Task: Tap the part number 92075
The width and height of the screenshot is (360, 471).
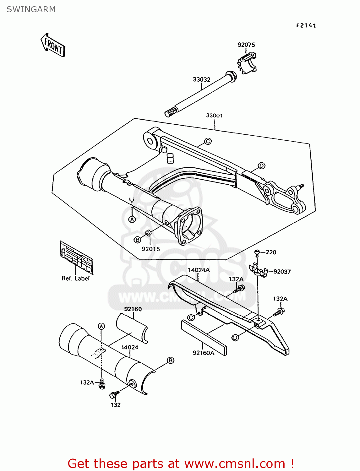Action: (x=246, y=45)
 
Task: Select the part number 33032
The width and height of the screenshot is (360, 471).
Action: (x=201, y=79)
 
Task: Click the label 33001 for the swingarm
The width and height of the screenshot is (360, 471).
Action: (x=214, y=116)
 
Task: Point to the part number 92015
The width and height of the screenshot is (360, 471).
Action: (x=150, y=249)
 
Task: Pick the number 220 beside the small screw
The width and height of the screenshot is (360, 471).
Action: (x=271, y=252)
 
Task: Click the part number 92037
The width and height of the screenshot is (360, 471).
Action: (x=282, y=272)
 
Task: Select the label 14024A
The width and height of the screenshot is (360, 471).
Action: (x=199, y=270)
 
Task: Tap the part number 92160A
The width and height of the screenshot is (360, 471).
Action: (x=203, y=353)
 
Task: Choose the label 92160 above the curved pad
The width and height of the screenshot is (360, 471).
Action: (x=133, y=309)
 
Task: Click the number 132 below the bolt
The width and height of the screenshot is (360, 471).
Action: (x=116, y=405)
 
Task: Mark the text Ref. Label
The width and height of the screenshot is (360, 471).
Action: (x=75, y=278)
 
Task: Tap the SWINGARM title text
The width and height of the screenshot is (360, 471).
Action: (x=31, y=9)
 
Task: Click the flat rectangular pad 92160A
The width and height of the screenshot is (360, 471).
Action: (x=204, y=338)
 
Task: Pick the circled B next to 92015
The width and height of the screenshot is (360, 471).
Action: (x=137, y=240)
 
